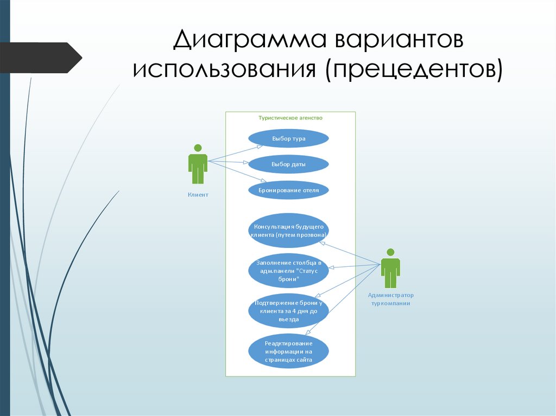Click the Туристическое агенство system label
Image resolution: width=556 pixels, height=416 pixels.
pyautogui.click(x=290, y=117)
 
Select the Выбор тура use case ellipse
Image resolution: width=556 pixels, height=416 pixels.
pyautogui.click(x=288, y=138)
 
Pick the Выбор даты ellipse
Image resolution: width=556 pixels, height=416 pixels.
pyautogui.click(x=288, y=164)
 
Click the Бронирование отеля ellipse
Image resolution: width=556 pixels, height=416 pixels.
pyautogui.click(x=288, y=190)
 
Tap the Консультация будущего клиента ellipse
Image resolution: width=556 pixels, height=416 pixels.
pyautogui.click(x=288, y=231)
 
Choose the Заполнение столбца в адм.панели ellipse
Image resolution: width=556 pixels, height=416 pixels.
pyautogui.click(x=288, y=270)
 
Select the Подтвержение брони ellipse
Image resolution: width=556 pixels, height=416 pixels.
pyautogui.click(x=288, y=311)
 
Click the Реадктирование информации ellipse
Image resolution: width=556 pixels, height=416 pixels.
pyautogui.click(x=288, y=350)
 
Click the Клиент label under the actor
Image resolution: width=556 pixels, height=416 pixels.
pyautogui.click(x=198, y=195)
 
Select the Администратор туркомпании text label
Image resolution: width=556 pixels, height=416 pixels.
pyautogui.click(x=390, y=299)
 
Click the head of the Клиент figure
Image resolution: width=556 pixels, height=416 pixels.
pyautogui.click(x=198, y=148)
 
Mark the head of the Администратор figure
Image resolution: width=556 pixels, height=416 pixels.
pyautogui.click(x=390, y=252)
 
